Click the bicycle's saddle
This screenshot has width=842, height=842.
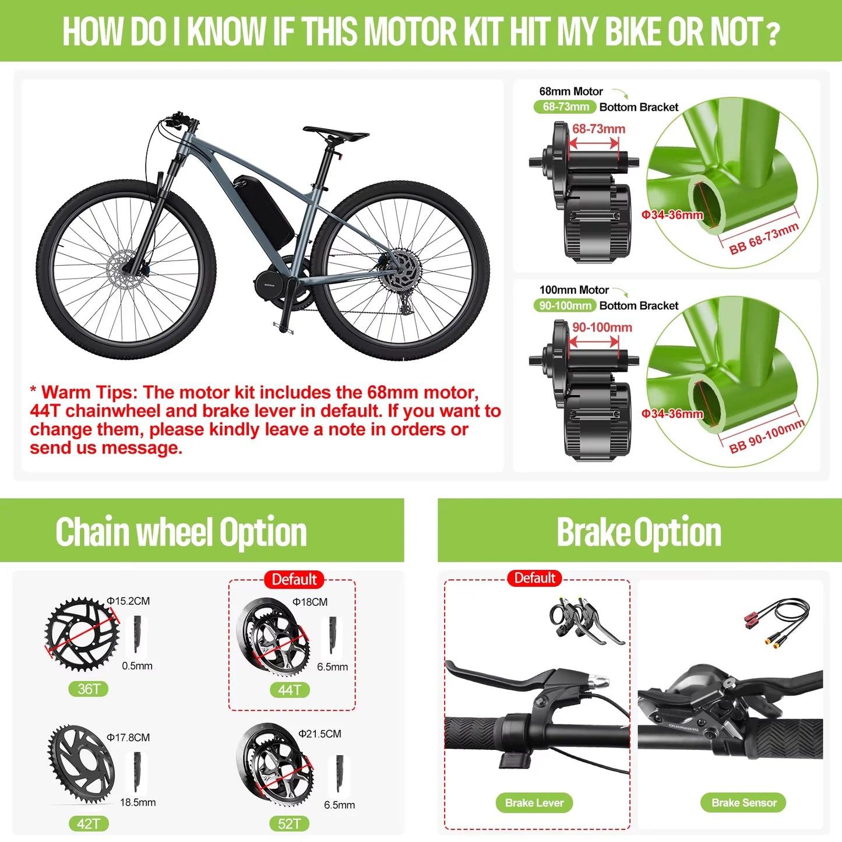pos(336,133)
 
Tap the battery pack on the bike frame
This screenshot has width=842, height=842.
pos(263,210)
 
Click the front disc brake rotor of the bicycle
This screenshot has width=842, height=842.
pos(124,269)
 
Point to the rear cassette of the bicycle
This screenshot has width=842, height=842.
pos(400,269)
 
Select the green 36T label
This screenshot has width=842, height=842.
pos(89,689)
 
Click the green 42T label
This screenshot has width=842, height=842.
pos(89,823)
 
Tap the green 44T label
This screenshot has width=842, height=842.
pos(290,690)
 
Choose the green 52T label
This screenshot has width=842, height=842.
pos(290,823)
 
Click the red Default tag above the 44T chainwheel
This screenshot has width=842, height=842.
pos(294,580)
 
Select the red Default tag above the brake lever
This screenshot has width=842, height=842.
pos(534,578)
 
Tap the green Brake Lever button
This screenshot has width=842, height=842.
pos(534,802)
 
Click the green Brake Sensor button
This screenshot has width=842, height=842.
pos(744,802)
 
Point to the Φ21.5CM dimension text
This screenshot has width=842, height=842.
pos(320,734)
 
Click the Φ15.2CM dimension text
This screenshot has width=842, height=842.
pos(128,601)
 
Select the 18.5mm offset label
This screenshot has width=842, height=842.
pos(138,802)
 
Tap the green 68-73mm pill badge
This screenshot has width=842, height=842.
pos(565,107)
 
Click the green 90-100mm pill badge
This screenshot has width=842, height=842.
pos(565,305)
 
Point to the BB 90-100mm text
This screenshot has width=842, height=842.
pos(767,436)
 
